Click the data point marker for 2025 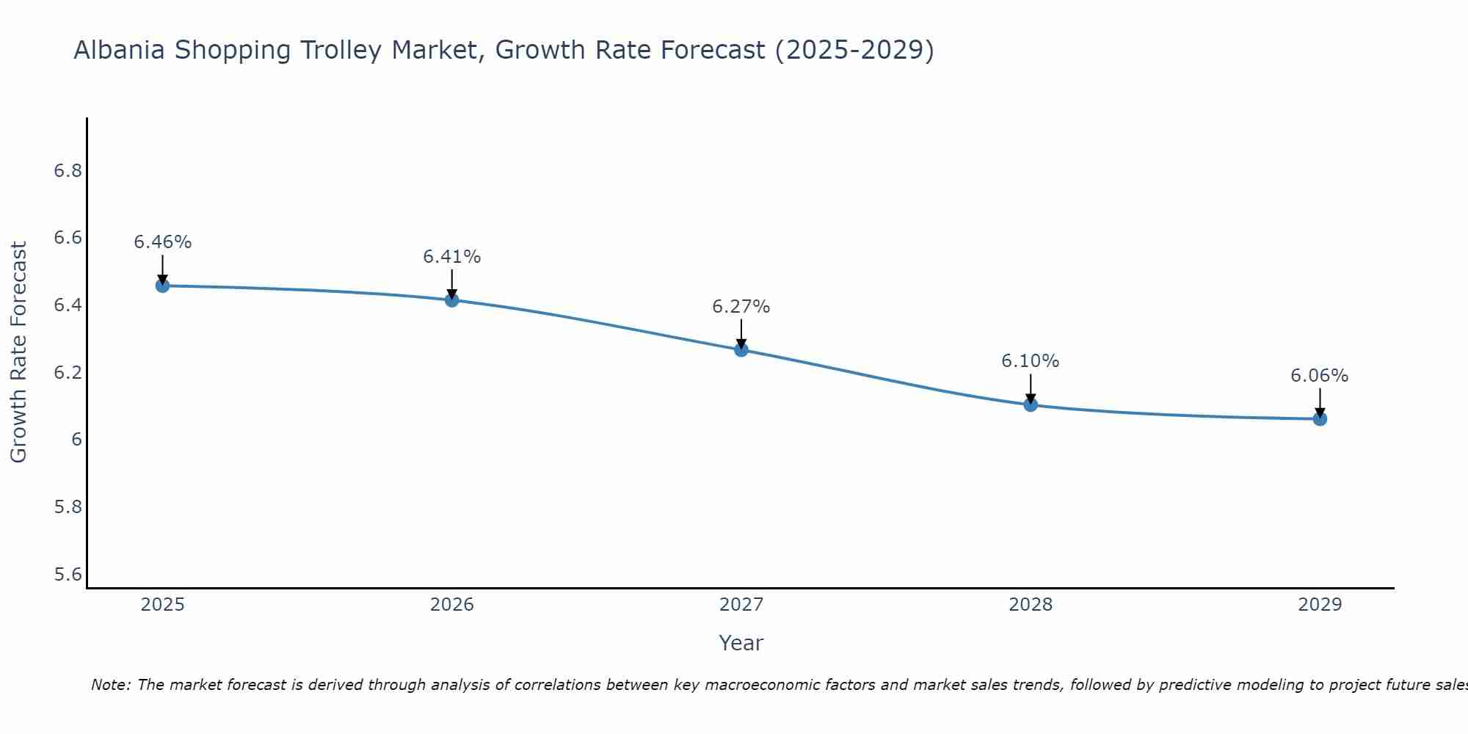point(162,286)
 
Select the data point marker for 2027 point(741,349)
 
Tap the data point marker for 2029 point(1320,419)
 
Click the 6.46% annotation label point(162,242)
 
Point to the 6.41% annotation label point(451,257)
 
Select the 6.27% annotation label point(741,307)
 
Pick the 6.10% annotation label point(1030,361)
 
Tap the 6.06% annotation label point(1319,376)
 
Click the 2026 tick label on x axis point(451,605)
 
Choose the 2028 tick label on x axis point(1030,605)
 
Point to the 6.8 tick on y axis point(68,171)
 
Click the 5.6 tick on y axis point(68,574)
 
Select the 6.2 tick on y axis point(68,373)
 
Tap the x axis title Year point(741,643)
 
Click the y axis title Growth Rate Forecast point(18,352)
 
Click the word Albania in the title point(120,51)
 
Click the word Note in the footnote point(110,685)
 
